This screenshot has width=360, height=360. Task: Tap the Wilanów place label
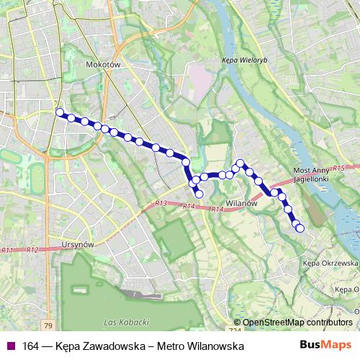click(x=242, y=204)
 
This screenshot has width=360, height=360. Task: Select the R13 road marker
click(x=161, y=204)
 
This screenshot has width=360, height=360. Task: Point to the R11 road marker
click(x=8, y=250)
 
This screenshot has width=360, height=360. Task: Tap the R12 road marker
click(x=32, y=250)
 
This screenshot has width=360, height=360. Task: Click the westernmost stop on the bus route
click(x=60, y=112)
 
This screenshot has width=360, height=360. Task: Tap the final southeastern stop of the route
click(x=300, y=228)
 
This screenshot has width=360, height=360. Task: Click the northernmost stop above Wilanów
click(x=241, y=163)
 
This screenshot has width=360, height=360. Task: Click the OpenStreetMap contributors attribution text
click(x=297, y=323)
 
